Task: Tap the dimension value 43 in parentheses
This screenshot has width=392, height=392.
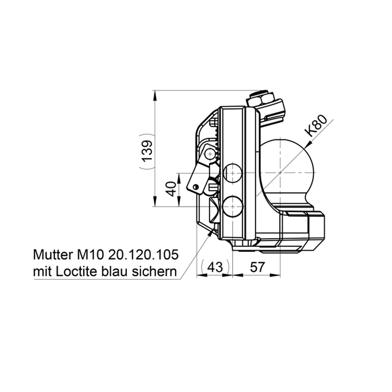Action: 216,267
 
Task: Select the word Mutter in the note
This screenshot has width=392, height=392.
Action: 52,255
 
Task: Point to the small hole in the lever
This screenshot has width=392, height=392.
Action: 196,186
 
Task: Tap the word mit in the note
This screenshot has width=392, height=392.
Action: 42,271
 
